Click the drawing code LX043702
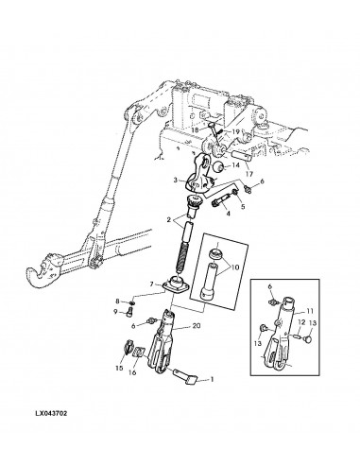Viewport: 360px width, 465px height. pos(51,413)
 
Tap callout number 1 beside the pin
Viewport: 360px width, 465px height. pos(212,379)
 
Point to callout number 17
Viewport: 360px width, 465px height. pos(249,174)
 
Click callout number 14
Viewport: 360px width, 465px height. pos(236,165)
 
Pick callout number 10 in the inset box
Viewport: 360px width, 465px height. pos(235,267)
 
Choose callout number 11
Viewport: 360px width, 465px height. pos(310,311)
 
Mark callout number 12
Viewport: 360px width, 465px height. pos(301,322)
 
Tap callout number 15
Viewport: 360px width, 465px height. pos(119,368)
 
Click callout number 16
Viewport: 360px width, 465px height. pos(132,372)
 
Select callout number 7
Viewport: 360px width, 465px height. pos(151,284)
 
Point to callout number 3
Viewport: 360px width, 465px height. pos(176,181)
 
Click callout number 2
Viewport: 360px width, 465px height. pos(169,220)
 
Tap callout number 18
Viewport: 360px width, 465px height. pos(195,130)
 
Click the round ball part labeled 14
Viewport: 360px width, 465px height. pos(218,166)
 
